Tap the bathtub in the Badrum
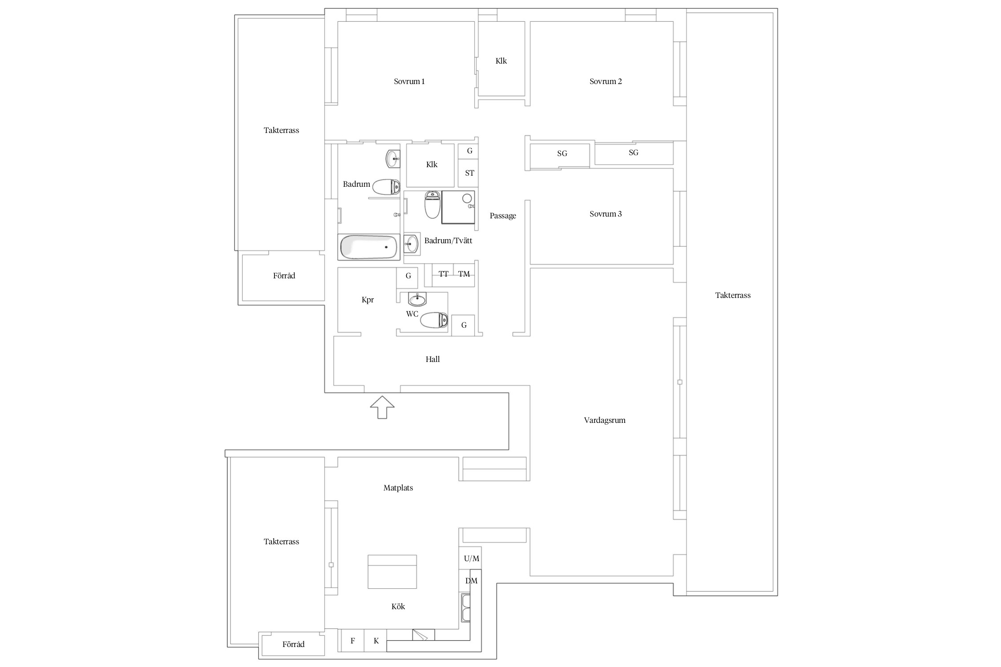click(x=368, y=247)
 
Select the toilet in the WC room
click(x=434, y=320)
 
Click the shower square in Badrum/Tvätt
click(x=458, y=207)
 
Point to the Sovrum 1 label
click(x=409, y=81)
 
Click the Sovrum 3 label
click(x=605, y=214)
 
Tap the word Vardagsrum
click(x=604, y=420)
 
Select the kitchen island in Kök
click(x=392, y=571)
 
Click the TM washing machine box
click(x=464, y=274)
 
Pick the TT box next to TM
click(x=443, y=274)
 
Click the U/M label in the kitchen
click(x=471, y=559)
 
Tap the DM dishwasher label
click(x=471, y=581)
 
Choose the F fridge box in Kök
click(x=352, y=641)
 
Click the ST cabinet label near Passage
click(x=469, y=173)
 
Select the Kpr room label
click(x=367, y=300)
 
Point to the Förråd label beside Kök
click(x=293, y=644)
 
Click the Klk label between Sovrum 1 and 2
click(x=501, y=61)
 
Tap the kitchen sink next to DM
click(x=465, y=607)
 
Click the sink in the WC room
click(x=417, y=300)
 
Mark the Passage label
click(x=503, y=216)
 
